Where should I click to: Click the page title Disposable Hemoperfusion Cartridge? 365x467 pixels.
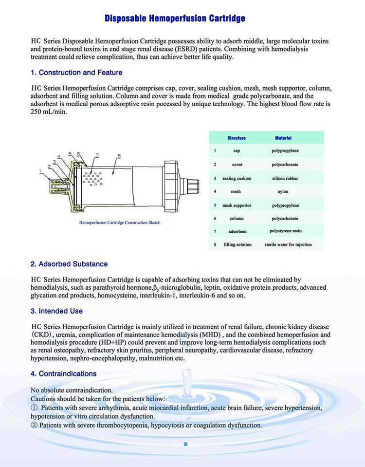click(x=175, y=19)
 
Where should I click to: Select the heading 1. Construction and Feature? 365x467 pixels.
click(x=76, y=73)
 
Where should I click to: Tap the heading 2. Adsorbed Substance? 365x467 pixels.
click(x=69, y=264)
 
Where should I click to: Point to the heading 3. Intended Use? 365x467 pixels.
click(x=56, y=311)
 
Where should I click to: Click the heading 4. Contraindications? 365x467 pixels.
click(x=63, y=374)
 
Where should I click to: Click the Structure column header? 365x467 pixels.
click(x=237, y=138)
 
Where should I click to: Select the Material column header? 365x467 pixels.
click(x=283, y=138)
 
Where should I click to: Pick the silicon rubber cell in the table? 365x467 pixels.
click(x=285, y=178)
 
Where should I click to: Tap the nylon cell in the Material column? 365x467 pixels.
click(x=283, y=192)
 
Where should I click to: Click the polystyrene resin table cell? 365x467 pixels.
click(x=285, y=231)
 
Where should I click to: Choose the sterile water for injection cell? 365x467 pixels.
click(x=288, y=244)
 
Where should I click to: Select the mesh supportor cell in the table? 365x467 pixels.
click(x=237, y=205)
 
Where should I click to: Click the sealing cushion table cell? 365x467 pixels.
click(x=236, y=178)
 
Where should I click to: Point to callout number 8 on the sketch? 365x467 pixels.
click(x=119, y=156)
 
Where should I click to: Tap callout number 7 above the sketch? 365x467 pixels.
click(x=97, y=155)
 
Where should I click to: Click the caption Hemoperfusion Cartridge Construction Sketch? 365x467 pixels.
click(x=120, y=223)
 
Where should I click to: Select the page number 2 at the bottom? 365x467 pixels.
click(x=185, y=444)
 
